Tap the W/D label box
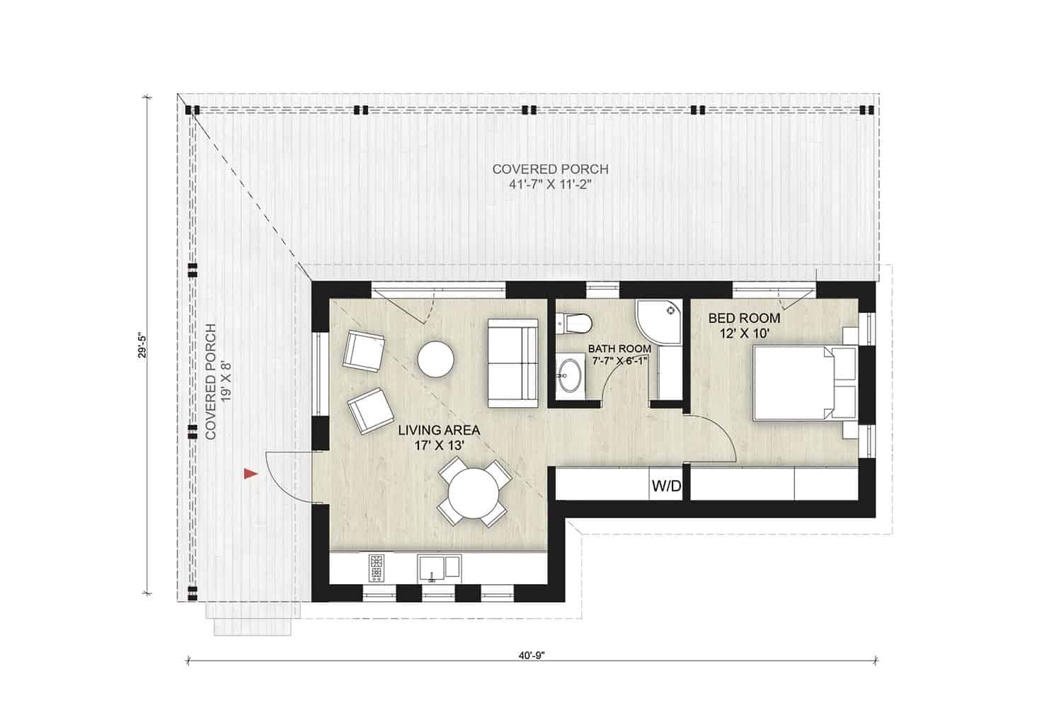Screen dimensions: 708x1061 coord(665,486)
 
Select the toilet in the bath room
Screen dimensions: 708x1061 coord(574,323)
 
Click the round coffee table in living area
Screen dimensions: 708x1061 coord(435,359)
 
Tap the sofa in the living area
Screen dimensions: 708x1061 coord(512,362)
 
